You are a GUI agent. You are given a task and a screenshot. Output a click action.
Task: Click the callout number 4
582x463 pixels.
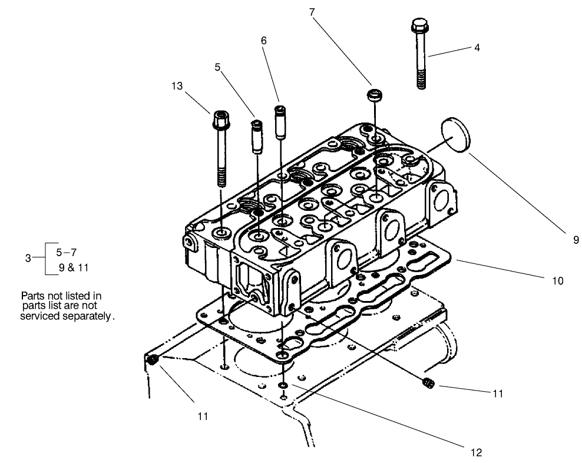click(x=477, y=48)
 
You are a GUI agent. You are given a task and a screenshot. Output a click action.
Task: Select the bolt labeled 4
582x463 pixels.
click(x=419, y=54)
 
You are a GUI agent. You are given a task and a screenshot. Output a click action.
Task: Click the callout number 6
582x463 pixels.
click(x=263, y=41)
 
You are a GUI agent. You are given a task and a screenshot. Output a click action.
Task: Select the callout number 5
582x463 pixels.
click(x=217, y=67)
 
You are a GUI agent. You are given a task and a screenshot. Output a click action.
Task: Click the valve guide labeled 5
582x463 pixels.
click(x=257, y=136)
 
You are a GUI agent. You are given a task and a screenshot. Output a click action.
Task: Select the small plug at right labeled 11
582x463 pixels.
click(x=428, y=384)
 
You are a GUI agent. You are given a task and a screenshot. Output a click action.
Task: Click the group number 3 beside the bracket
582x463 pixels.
click(x=28, y=257)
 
